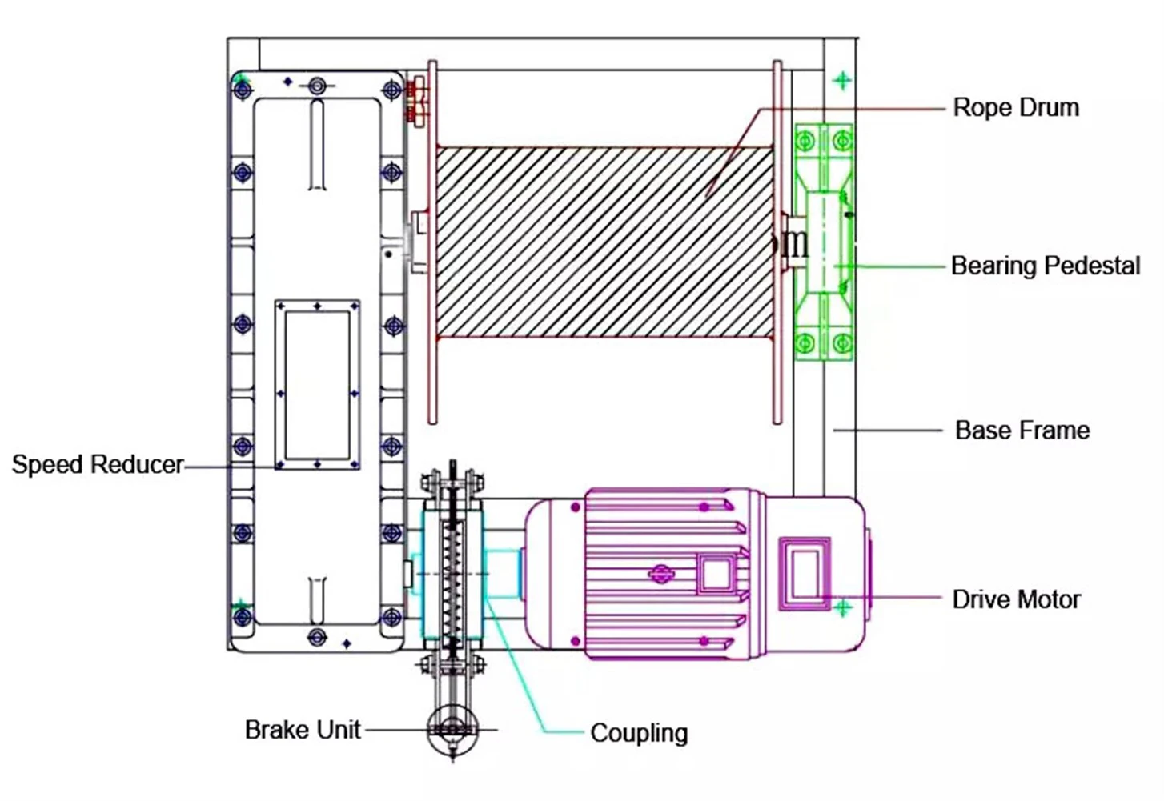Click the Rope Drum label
tap(1015, 107)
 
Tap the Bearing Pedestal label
tap(1045, 266)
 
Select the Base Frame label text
tap(1022, 431)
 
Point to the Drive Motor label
tap(1016, 599)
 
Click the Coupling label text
tap(639, 733)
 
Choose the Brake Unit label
tap(302, 730)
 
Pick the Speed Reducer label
tap(97, 465)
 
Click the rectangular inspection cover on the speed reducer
tap(317, 385)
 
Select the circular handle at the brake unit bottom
tap(452, 730)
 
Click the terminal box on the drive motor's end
tap(804, 574)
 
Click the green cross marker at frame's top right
tap(841, 80)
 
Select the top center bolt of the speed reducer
tap(317, 84)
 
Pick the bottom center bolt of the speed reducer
tap(317, 638)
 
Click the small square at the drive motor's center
tap(715, 575)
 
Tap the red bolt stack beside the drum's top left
tap(415, 101)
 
